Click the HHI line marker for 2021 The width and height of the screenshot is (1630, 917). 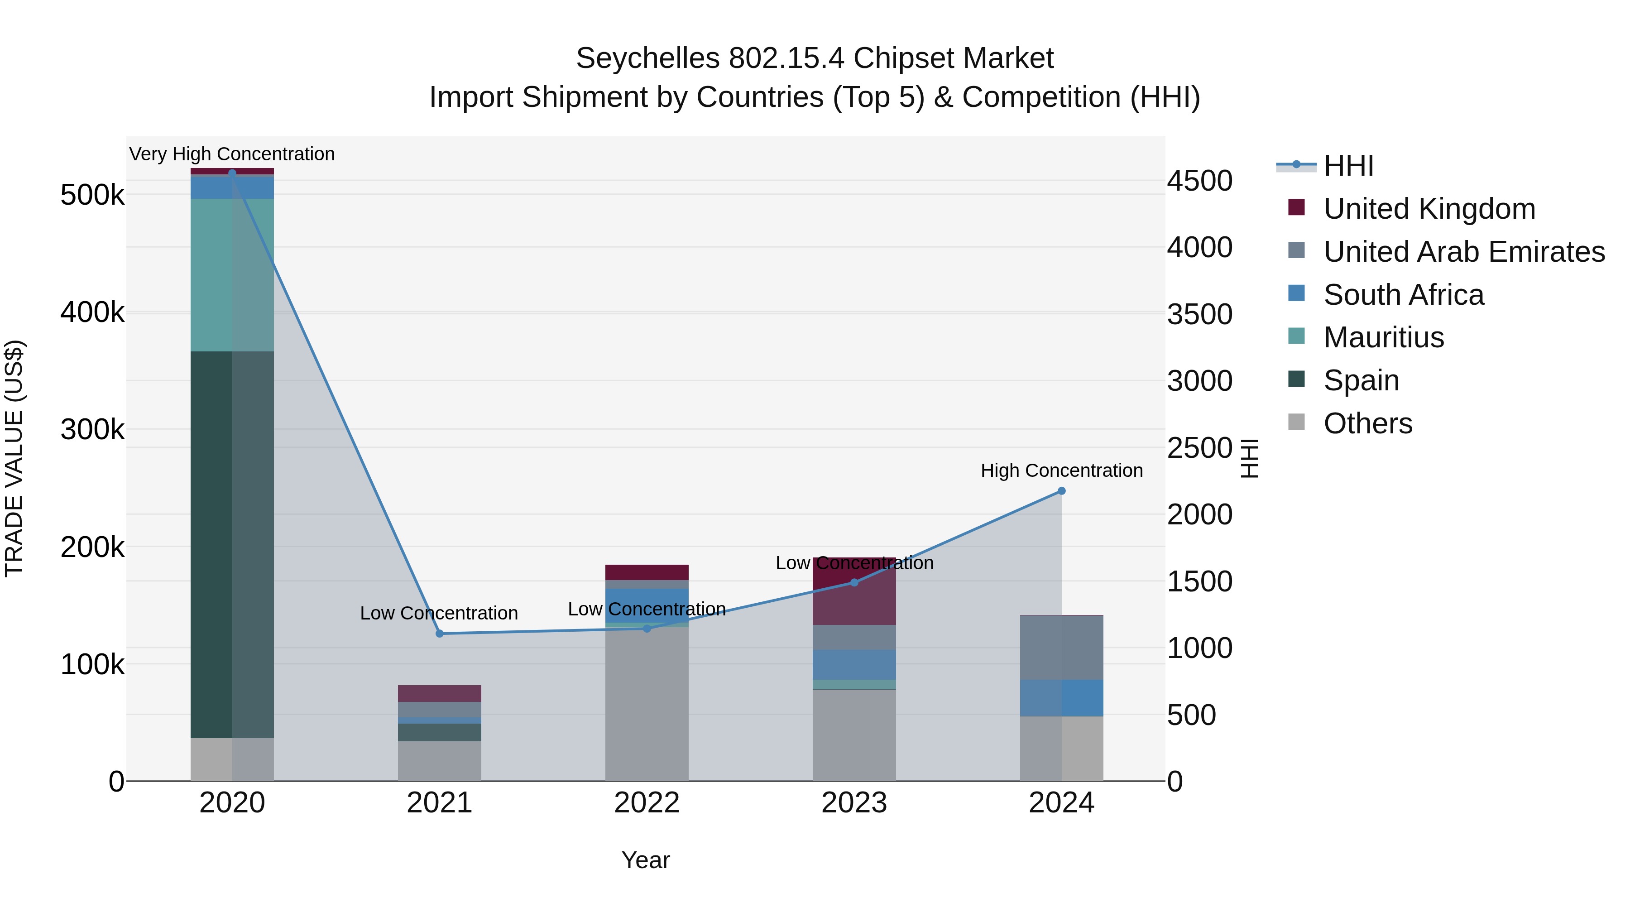440,634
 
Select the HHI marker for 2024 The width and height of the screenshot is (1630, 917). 1062,491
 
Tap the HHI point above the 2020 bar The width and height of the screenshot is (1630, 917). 232,173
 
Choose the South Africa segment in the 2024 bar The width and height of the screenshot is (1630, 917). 1062,698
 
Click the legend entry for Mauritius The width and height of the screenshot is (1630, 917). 1384,337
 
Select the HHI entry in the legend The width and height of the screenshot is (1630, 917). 1348,166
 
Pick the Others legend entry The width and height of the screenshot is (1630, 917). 1367,423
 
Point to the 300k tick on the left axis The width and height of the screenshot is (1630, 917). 92,430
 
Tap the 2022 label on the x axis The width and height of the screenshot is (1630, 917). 647,803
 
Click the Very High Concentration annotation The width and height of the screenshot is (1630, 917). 232,154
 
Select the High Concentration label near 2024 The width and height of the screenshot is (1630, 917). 1062,470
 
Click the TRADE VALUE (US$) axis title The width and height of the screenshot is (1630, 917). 14,458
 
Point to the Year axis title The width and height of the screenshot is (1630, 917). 645,860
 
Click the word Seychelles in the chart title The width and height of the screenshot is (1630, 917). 647,58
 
